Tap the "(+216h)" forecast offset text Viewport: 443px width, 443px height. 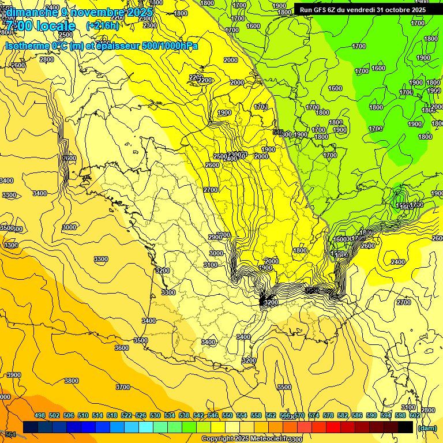click(x=102, y=26)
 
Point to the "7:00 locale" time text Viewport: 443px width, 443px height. click(x=41, y=27)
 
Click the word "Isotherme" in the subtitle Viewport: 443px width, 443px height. click(x=27, y=46)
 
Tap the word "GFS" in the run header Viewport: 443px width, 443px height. click(x=322, y=10)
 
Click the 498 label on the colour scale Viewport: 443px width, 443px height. click(x=40, y=415)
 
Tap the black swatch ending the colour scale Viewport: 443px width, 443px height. click(x=406, y=427)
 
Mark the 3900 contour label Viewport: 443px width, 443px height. click(x=13, y=375)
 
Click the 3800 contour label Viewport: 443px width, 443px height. click(x=72, y=381)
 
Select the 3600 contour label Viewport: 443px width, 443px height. click(x=122, y=348)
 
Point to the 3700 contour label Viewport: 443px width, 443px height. click(x=123, y=387)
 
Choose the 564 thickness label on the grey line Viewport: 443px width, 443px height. click(x=10, y=434)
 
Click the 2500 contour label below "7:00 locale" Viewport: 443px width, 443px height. click(x=65, y=35)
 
